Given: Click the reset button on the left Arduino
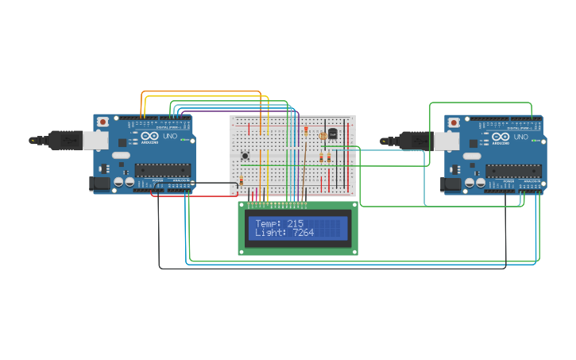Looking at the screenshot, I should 103,122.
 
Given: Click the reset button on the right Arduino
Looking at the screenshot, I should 454,122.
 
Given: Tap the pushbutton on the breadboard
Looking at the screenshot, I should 245,155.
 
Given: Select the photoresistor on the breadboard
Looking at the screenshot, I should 323,136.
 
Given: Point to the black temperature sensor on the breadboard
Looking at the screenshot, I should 333,134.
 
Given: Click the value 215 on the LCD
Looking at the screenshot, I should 295,224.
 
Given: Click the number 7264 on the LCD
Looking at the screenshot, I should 303,233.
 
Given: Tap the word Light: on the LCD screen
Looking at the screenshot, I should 271,233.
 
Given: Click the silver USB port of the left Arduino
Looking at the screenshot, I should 96,141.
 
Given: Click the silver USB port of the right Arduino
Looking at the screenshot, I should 446,141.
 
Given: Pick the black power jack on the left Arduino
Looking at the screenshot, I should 99,184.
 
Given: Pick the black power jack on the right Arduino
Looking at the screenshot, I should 450,184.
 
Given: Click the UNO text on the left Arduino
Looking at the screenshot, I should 170,137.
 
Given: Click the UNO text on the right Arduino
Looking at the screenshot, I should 520,137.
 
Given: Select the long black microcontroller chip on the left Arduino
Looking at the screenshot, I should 162,169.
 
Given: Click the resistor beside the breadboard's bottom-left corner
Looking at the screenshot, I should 241,182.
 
